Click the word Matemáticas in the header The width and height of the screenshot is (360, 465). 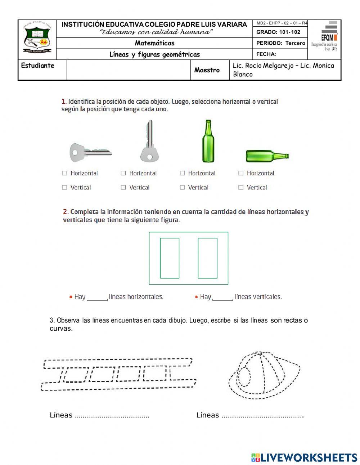154,43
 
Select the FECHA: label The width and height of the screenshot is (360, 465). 266,54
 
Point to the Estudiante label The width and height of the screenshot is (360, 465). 38,66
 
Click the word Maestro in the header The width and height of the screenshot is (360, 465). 207,70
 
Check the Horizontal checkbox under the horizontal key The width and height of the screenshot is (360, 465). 64,173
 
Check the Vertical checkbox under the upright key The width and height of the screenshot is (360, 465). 123,187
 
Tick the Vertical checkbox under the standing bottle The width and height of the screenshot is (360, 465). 182,187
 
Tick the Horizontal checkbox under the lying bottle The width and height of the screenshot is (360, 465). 241,173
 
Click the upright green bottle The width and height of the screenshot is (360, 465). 208,142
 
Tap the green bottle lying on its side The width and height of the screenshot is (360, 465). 267,156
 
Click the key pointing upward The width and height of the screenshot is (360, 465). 149,142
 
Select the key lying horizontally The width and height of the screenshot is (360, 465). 90,152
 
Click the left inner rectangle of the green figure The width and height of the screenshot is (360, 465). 170,258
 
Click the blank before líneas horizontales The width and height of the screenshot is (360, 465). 97,297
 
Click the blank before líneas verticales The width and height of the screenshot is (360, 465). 222,297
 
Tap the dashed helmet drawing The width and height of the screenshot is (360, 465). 264,375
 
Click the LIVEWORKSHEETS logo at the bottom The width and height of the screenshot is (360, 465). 304,457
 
